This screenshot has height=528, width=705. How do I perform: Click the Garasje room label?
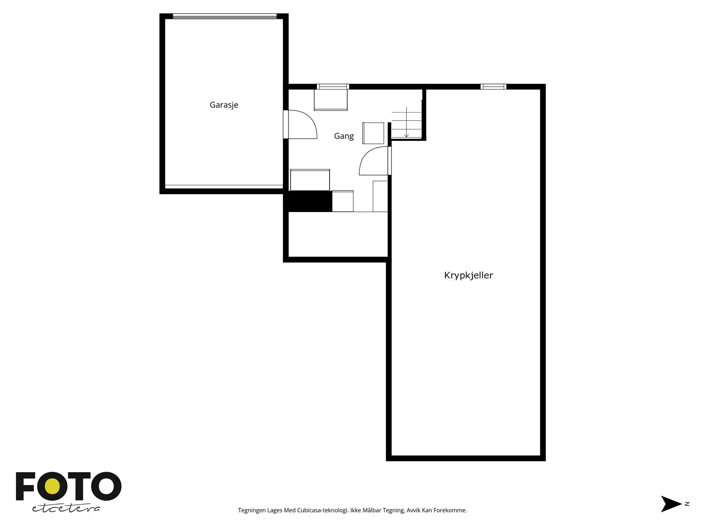tap(224, 105)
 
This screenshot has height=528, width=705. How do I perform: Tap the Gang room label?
tap(344, 136)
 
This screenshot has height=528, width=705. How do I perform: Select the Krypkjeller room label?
tap(468, 275)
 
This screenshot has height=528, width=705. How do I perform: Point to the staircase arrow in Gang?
tap(406, 122)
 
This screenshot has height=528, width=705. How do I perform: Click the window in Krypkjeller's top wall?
tap(493, 87)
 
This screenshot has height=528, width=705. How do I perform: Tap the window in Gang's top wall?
tap(333, 87)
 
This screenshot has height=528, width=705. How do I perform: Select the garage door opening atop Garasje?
tap(225, 16)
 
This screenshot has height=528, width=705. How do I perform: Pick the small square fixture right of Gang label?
tap(373, 133)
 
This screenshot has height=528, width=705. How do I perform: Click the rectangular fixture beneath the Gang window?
tap(330, 100)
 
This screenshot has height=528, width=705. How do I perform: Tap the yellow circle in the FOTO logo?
tap(52, 487)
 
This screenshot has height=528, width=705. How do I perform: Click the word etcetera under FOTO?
tap(66, 508)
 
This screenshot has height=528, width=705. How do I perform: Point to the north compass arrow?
tap(671, 504)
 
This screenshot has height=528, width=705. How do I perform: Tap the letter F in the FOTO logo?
tap(25, 486)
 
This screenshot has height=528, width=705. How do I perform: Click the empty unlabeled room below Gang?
tap(338, 235)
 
